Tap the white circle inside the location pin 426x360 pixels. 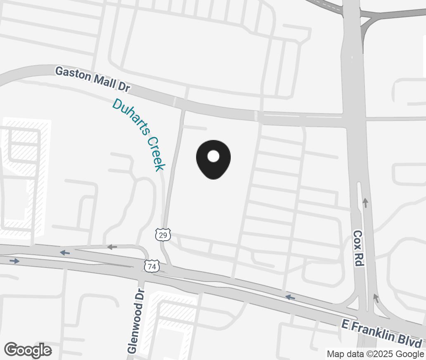(x=213, y=156)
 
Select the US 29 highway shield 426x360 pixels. (x=163, y=234)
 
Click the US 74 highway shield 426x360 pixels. (x=152, y=266)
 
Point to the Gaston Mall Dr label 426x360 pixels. (x=92, y=79)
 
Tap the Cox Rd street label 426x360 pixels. (x=358, y=248)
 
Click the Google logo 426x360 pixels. (x=28, y=350)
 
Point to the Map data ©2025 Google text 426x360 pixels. (x=375, y=354)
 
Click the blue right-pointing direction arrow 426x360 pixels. (x=14, y=261)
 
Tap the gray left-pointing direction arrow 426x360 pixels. (x=112, y=247)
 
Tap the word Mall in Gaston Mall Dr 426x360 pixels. (x=102, y=81)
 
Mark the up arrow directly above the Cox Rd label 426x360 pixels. (x=365, y=203)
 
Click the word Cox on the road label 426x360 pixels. (x=357, y=238)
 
